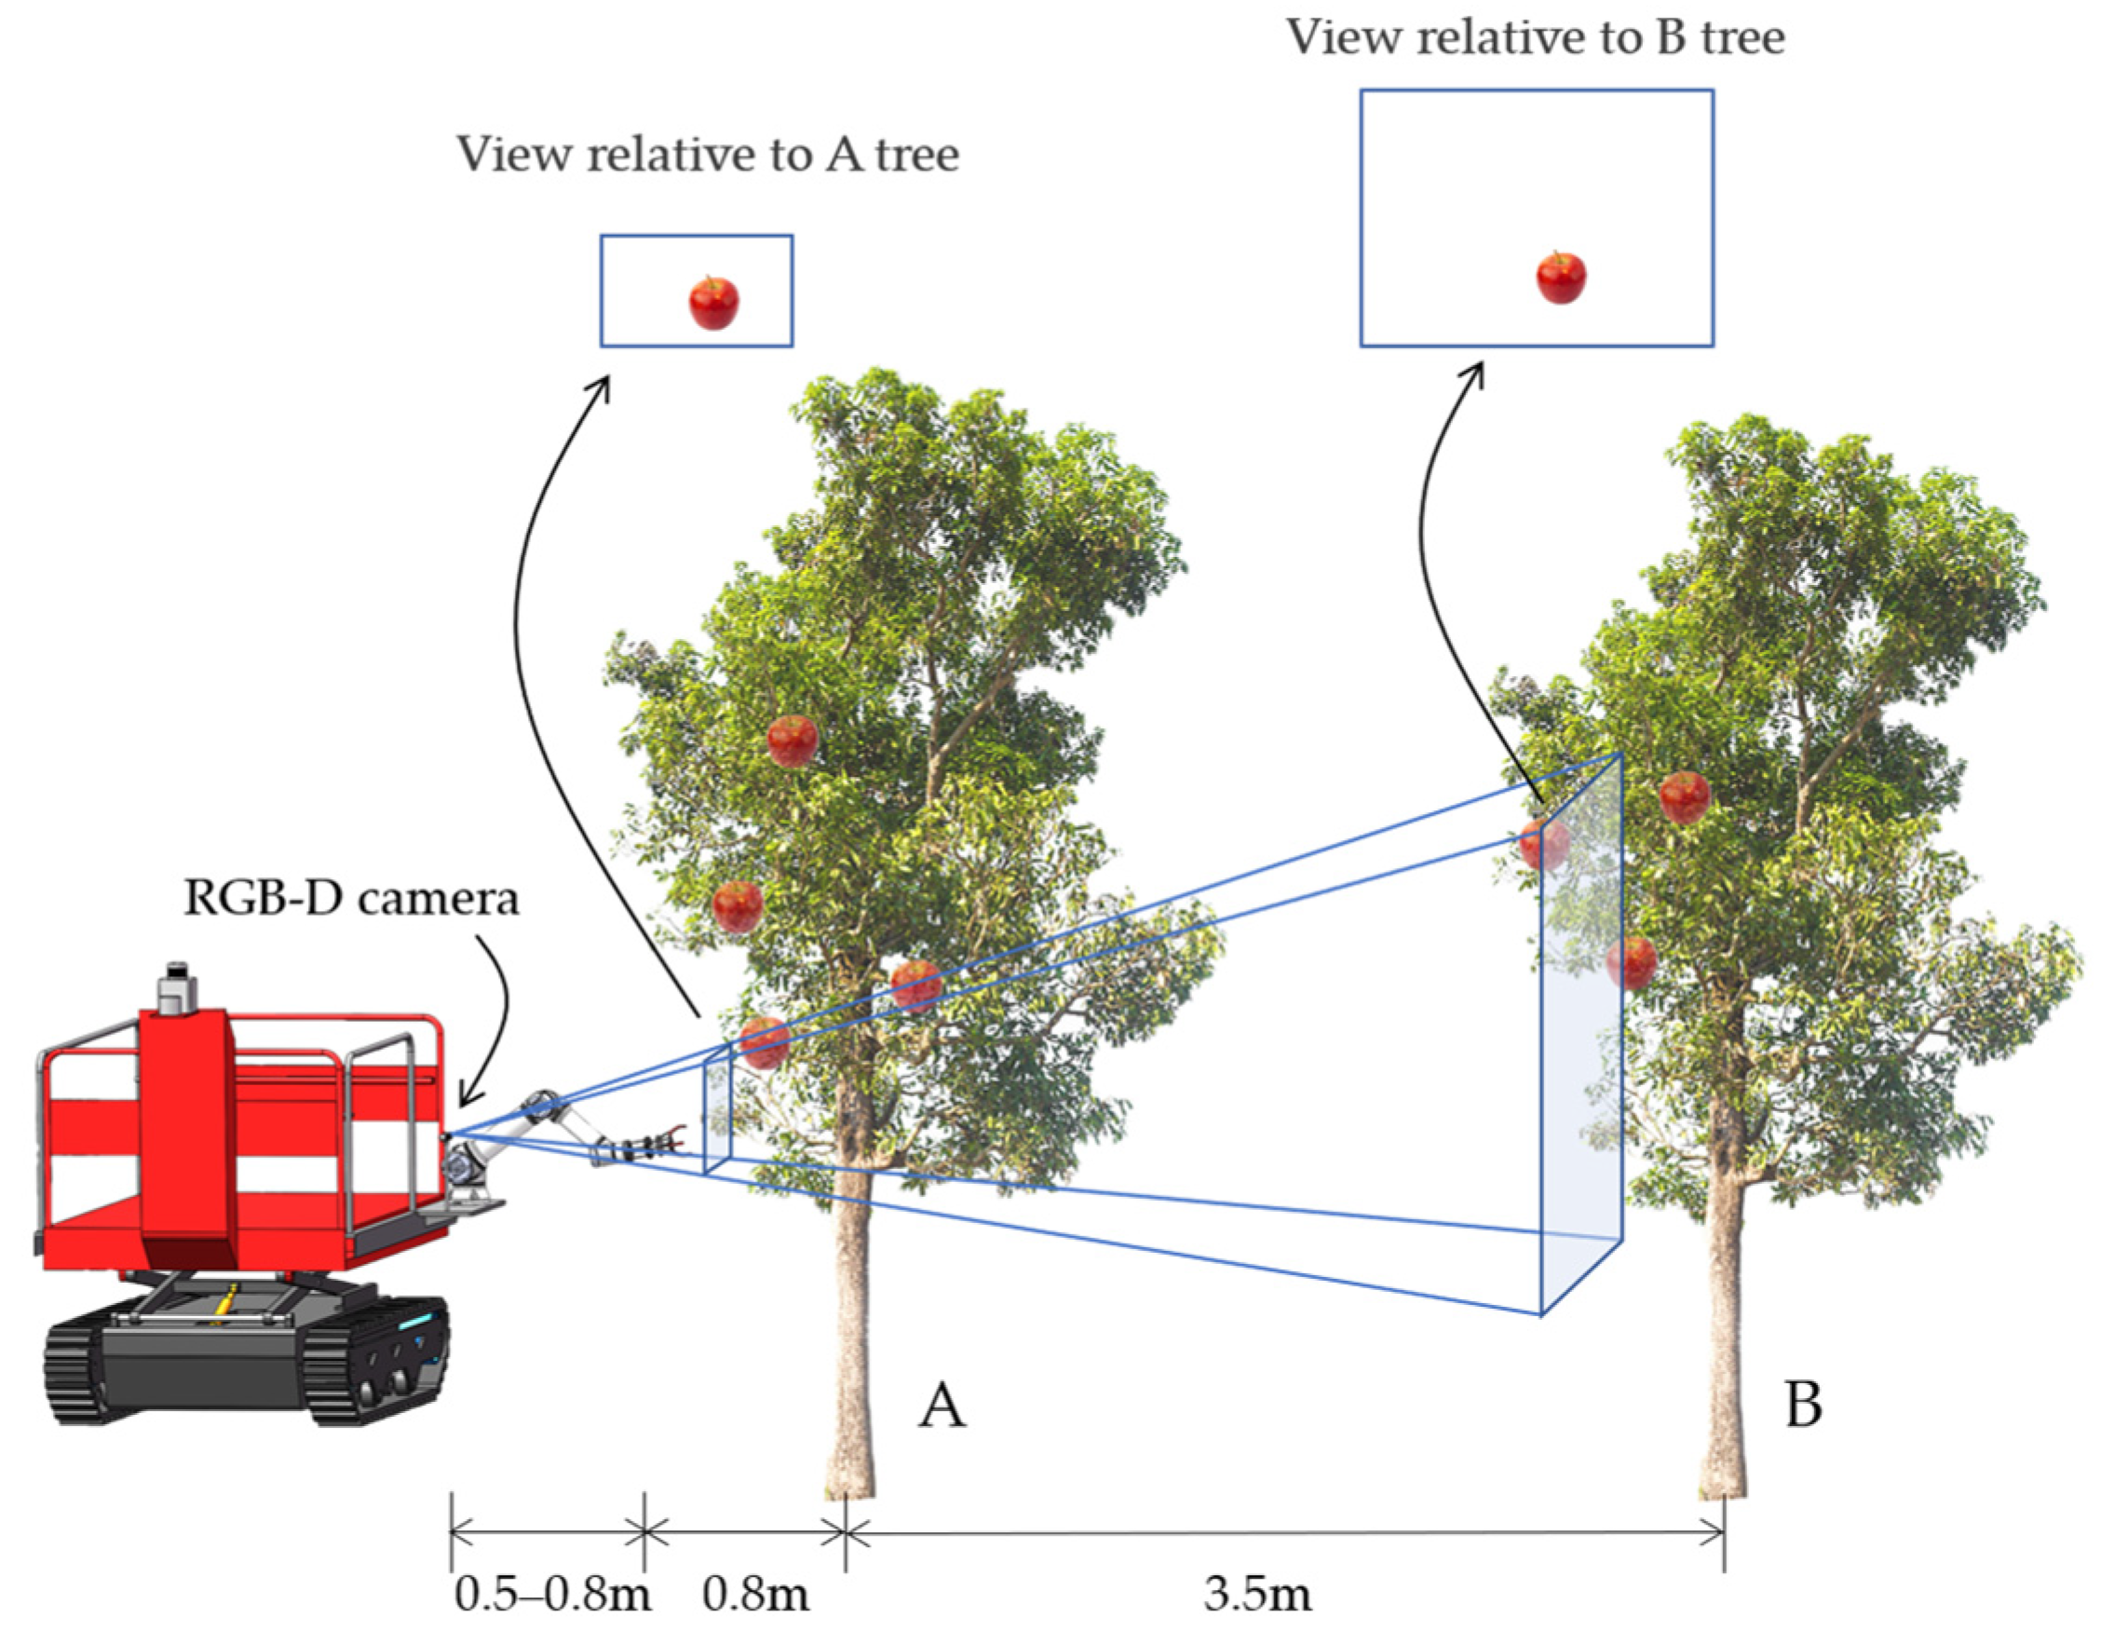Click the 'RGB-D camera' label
click(x=350, y=899)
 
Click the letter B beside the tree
click(x=1803, y=1406)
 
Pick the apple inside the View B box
click(x=1560, y=278)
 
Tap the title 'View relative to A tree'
click(x=708, y=154)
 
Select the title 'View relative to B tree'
click(x=1535, y=38)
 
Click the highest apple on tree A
click(x=793, y=741)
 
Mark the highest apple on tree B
click(x=1685, y=797)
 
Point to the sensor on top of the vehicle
click(x=176, y=987)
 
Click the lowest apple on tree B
click(x=1632, y=962)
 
